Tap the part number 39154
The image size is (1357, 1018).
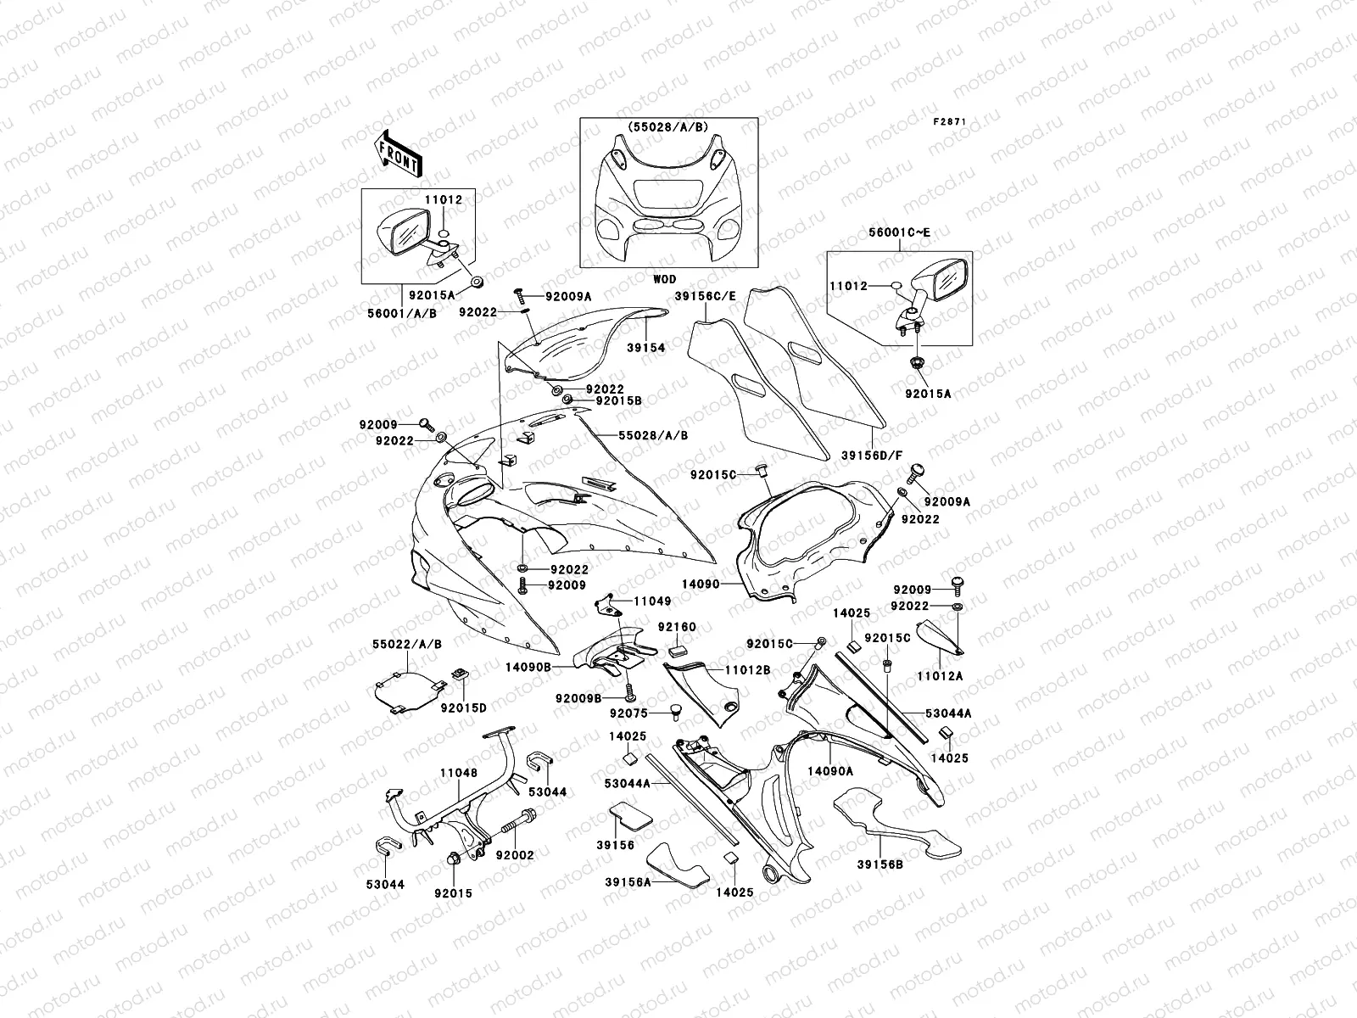coord(646,348)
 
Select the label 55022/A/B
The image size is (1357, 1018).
coord(407,645)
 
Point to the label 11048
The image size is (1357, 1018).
coord(458,774)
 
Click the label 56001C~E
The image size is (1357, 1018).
coord(900,232)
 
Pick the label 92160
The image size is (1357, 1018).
coord(677,627)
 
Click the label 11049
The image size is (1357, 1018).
coord(652,601)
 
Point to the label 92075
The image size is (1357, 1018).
coord(629,714)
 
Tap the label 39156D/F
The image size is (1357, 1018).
coord(869,455)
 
